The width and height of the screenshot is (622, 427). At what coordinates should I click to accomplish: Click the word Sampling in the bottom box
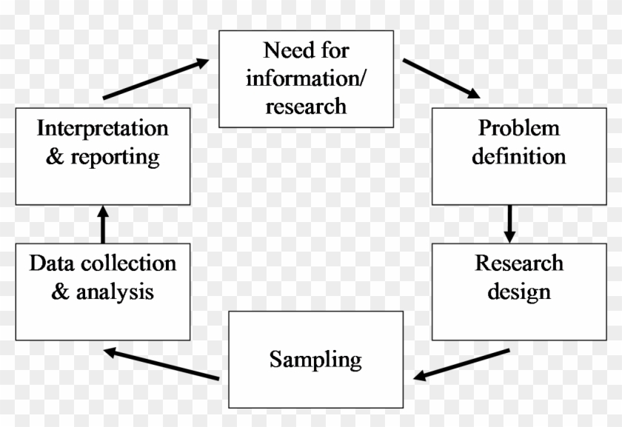[315, 360]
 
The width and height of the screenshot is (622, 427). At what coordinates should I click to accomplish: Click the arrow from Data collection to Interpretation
[103, 225]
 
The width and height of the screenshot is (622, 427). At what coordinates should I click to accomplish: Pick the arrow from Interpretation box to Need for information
[156, 79]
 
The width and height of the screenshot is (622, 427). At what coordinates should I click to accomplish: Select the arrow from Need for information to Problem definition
[441, 78]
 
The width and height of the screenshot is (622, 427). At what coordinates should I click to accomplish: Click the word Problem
[518, 128]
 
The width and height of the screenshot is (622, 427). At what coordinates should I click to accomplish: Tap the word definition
[519, 156]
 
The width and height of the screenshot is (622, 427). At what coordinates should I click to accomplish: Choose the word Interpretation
[103, 128]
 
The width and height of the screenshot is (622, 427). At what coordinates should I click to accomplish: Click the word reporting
[115, 157]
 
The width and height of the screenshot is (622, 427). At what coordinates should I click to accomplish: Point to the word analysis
[115, 292]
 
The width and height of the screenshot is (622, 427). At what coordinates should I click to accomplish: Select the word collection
[129, 263]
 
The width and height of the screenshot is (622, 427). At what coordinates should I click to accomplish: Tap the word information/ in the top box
[305, 78]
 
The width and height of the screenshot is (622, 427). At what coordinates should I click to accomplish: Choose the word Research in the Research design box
[519, 263]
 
